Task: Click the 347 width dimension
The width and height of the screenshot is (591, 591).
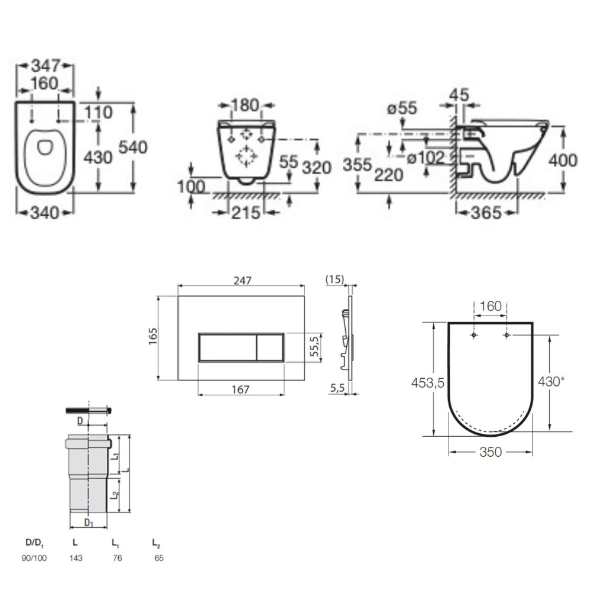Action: pyautogui.click(x=44, y=66)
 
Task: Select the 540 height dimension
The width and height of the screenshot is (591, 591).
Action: pyautogui.click(x=133, y=147)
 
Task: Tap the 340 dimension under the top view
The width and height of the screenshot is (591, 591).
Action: pyautogui.click(x=44, y=212)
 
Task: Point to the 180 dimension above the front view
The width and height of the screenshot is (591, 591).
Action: pyautogui.click(x=245, y=106)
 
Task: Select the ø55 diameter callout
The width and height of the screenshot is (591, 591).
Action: pyautogui.click(x=402, y=108)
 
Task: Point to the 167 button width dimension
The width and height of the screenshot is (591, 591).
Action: pyautogui.click(x=241, y=389)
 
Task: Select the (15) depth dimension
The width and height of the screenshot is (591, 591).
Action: pyautogui.click(x=336, y=280)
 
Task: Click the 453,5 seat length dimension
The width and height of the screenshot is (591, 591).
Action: pyautogui.click(x=428, y=383)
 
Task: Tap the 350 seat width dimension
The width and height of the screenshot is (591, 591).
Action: pyautogui.click(x=491, y=452)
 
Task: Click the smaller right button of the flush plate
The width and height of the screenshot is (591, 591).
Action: pyautogui.click(x=270, y=346)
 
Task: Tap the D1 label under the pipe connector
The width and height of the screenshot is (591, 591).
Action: pyautogui.click(x=88, y=522)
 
